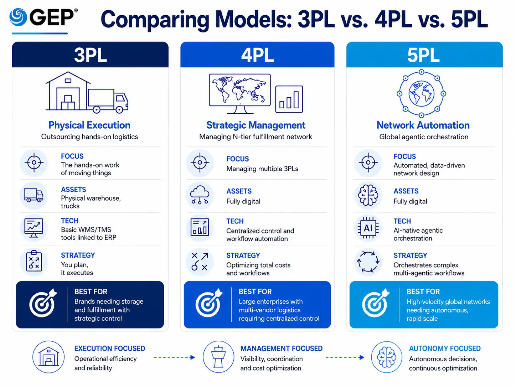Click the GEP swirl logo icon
point(18,17)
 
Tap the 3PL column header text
point(91,55)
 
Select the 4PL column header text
point(257,55)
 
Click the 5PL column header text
point(423,55)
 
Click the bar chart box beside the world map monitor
point(289,99)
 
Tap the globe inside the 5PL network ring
point(421,93)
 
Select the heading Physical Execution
point(89,125)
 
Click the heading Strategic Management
point(256,125)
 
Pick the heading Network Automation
point(423,125)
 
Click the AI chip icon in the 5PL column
point(368,228)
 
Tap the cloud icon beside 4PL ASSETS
point(200,195)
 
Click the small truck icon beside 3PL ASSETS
point(34,195)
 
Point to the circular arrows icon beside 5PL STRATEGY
point(368,262)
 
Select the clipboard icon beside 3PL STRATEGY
point(34,261)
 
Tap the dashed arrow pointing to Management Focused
point(174,357)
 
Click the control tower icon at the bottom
point(218,357)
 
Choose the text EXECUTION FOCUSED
point(110,348)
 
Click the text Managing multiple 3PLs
point(262,169)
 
